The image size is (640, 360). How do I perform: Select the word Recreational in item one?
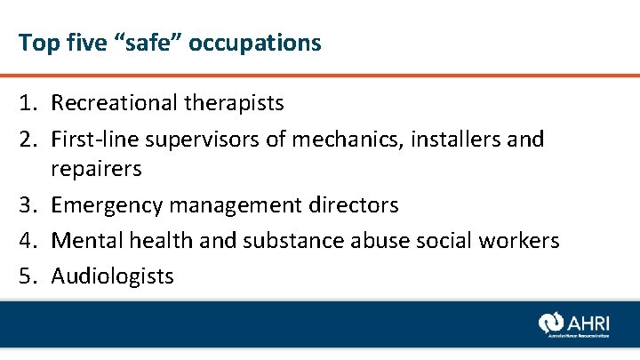click(114, 103)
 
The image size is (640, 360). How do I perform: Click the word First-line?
click(92, 139)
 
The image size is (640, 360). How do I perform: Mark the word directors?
click(353, 205)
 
